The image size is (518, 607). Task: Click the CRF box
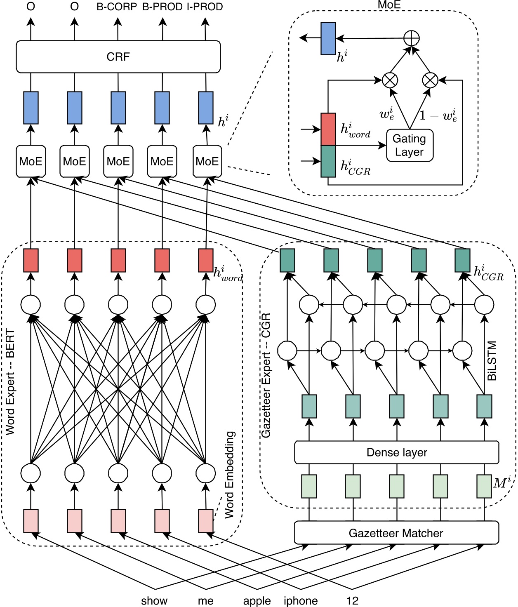(118, 56)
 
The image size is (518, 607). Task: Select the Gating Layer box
(410, 146)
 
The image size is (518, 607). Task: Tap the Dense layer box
(396, 452)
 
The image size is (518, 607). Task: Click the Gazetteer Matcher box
(396, 533)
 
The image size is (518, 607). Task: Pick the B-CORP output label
(117, 7)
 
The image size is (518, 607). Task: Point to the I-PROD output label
(205, 7)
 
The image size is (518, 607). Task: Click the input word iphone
(301, 601)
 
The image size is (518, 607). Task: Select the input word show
(154, 601)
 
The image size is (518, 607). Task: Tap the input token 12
(352, 601)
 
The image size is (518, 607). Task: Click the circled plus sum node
(411, 38)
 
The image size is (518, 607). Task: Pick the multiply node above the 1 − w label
(430, 80)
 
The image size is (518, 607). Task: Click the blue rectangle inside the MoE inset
(328, 38)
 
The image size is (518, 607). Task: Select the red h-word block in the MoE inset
(328, 129)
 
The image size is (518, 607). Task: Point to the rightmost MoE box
(207, 161)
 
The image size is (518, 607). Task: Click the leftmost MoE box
(31, 161)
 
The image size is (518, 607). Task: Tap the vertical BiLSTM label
(492, 361)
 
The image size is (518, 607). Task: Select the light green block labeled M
(484, 486)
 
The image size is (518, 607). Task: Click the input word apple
(257, 601)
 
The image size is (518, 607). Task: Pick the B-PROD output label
(162, 7)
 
